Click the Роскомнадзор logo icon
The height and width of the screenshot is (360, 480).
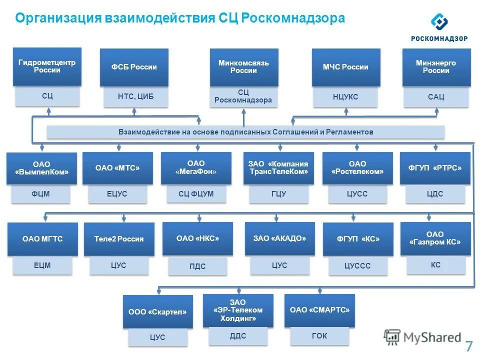tap(439, 21)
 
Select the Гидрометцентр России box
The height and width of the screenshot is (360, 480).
tap(47, 66)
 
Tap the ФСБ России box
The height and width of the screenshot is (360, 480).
tap(134, 67)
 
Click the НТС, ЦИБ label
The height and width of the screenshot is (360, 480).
tap(135, 96)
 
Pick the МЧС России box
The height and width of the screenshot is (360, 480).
tap(345, 67)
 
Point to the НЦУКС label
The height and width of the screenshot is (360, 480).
tap(345, 96)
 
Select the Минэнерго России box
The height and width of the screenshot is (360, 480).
tap(436, 67)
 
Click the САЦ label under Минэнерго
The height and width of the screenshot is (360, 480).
tap(436, 96)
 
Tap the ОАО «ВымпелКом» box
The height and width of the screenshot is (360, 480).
tap(41, 168)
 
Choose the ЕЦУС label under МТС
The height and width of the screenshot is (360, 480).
tap(117, 193)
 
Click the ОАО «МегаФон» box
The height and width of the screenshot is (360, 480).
tap(196, 168)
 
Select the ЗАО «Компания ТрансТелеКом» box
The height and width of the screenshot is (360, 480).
tap(278, 168)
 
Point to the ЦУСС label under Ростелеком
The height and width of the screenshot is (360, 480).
tap(357, 193)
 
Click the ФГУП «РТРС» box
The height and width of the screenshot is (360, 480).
tap(435, 168)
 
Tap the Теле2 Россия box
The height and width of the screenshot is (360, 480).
tap(119, 239)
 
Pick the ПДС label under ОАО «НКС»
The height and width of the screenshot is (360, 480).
tap(197, 266)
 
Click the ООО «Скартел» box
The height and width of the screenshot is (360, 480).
tap(157, 312)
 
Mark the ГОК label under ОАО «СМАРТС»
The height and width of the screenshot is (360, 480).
tap(319, 336)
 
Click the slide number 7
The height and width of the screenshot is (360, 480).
tap(468, 346)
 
